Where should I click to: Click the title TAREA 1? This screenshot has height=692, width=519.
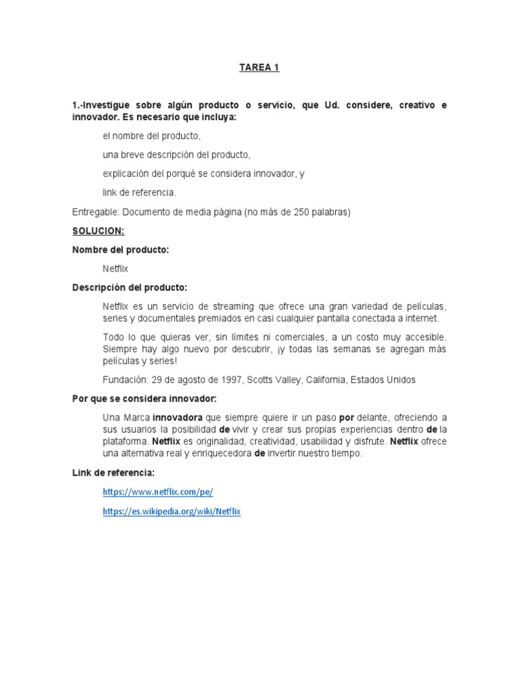pyautogui.click(x=259, y=68)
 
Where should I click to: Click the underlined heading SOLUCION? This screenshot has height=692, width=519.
pyautogui.click(x=98, y=231)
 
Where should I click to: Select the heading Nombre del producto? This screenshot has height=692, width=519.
pyautogui.click(x=120, y=250)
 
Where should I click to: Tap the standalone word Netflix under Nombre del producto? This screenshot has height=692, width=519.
pyautogui.click(x=116, y=269)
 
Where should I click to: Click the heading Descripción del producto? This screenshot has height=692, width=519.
pyautogui.click(x=130, y=288)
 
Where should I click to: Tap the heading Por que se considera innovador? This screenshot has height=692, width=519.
pyautogui.click(x=144, y=399)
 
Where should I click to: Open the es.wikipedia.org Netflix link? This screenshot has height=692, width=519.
pyautogui.click(x=172, y=512)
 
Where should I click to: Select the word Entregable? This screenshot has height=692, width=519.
pyautogui.click(x=96, y=212)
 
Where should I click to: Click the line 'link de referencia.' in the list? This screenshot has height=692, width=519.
pyautogui.click(x=139, y=193)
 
